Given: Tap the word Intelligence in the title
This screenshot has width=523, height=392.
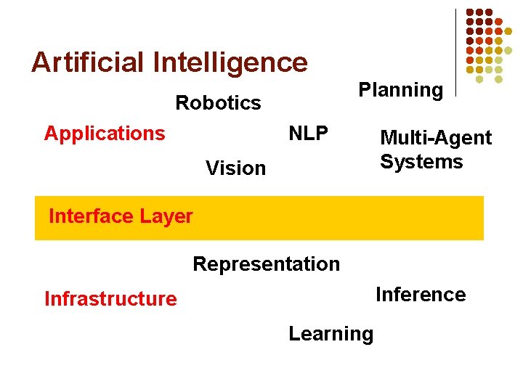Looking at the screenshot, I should click(230, 62).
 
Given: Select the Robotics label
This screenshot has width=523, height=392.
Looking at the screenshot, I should click(218, 103).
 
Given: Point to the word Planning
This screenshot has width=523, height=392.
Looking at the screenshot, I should click(401, 91).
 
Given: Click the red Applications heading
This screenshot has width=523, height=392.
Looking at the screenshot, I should click(105, 134).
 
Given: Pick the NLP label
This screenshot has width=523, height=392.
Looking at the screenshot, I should click(309, 134).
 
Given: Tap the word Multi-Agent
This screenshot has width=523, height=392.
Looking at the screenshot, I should click(436, 138).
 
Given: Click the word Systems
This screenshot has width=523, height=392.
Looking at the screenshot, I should click(421, 161).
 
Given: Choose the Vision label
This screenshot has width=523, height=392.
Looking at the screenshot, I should click(235, 168).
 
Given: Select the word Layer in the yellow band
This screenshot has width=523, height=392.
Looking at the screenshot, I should click(167, 216).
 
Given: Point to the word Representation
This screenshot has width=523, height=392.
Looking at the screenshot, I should click(267, 264).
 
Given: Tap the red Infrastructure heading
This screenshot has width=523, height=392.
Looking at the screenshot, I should click(110, 299).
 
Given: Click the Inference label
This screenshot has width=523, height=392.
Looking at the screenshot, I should click(421, 295).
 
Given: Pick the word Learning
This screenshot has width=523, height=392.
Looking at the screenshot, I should click(331, 334).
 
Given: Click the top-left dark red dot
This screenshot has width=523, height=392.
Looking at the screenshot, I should click(469, 13).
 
